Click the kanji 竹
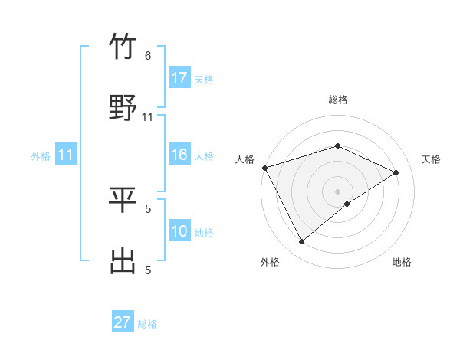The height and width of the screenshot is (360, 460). pyautogui.click(x=123, y=48)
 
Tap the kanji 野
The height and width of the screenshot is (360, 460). pyautogui.click(x=123, y=108)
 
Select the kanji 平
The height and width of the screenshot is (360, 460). pyautogui.click(x=123, y=201)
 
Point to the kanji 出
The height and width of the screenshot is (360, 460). pyautogui.click(x=123, y=261)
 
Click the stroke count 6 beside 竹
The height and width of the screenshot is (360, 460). pyautogui.click(x=148, y=56)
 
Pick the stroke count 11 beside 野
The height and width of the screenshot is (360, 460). pyautogui.click(x=148, y=116)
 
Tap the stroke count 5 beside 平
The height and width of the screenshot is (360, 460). pyautogui.click(x=148, y=208)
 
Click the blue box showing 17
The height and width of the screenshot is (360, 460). pyautogui.click(x=179, y=78)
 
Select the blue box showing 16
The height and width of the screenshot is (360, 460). pyautogui.click(x=179, y=155)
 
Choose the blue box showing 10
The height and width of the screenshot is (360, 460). pyautogui.click(x=179, y=231)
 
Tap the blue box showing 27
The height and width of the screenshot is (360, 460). pyautogui.click(x=123, y=322)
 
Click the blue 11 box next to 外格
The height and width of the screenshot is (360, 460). pyautogui.click(x=66, y=155)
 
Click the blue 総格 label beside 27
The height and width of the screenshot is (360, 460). pyautogui.click(x=147, y=324)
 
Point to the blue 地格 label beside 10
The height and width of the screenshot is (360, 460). pyautogui.click(x=204, y=233)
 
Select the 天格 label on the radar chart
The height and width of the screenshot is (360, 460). pyautogui.click(x=432, y=159)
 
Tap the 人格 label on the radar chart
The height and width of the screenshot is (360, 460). pyautogui.click(x=245, y=159)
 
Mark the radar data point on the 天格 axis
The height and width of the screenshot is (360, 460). pyautogui.click(x=396, y=172)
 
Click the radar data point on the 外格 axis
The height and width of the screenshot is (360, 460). pyautogui.click(x=301, y=242)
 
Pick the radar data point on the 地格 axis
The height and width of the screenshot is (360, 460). pyautogui.click(x=347, y=204)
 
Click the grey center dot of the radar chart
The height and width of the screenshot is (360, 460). pyautogui.click(x=338, y=191)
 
